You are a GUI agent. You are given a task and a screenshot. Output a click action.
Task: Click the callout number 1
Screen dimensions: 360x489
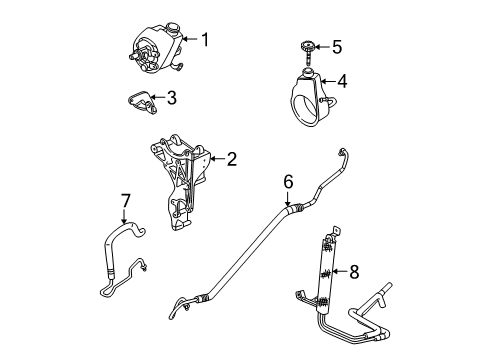coord(205,40)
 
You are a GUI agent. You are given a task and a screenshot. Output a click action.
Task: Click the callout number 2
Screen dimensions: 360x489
coord(231,157)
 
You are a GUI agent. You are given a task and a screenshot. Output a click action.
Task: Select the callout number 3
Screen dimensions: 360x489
coord(172,98)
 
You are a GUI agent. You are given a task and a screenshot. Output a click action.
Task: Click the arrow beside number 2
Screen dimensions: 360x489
coord(217,157)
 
